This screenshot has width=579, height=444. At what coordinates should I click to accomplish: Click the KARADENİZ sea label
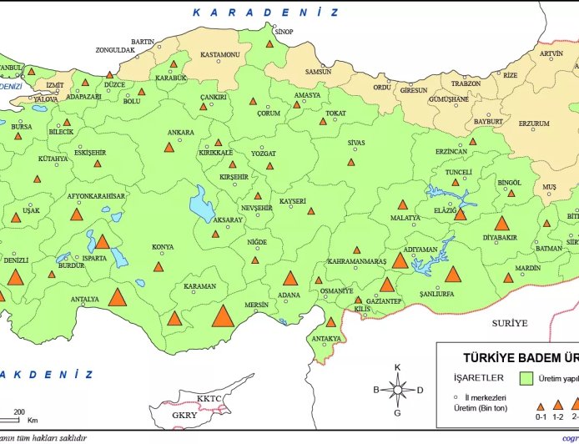265,12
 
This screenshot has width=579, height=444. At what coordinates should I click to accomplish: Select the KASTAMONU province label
220,55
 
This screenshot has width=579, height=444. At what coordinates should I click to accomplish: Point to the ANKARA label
181,133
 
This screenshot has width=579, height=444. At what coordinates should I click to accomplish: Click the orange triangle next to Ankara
169,147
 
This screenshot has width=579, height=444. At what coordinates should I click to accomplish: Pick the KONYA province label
163,247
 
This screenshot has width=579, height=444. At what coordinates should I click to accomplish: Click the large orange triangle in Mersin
223,316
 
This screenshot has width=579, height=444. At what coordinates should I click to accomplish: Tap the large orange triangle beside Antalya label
118,296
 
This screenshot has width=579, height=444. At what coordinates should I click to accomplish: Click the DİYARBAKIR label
501,237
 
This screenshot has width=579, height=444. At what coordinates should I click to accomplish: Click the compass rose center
398,390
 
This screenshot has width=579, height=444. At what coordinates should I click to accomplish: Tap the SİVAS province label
356,143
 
